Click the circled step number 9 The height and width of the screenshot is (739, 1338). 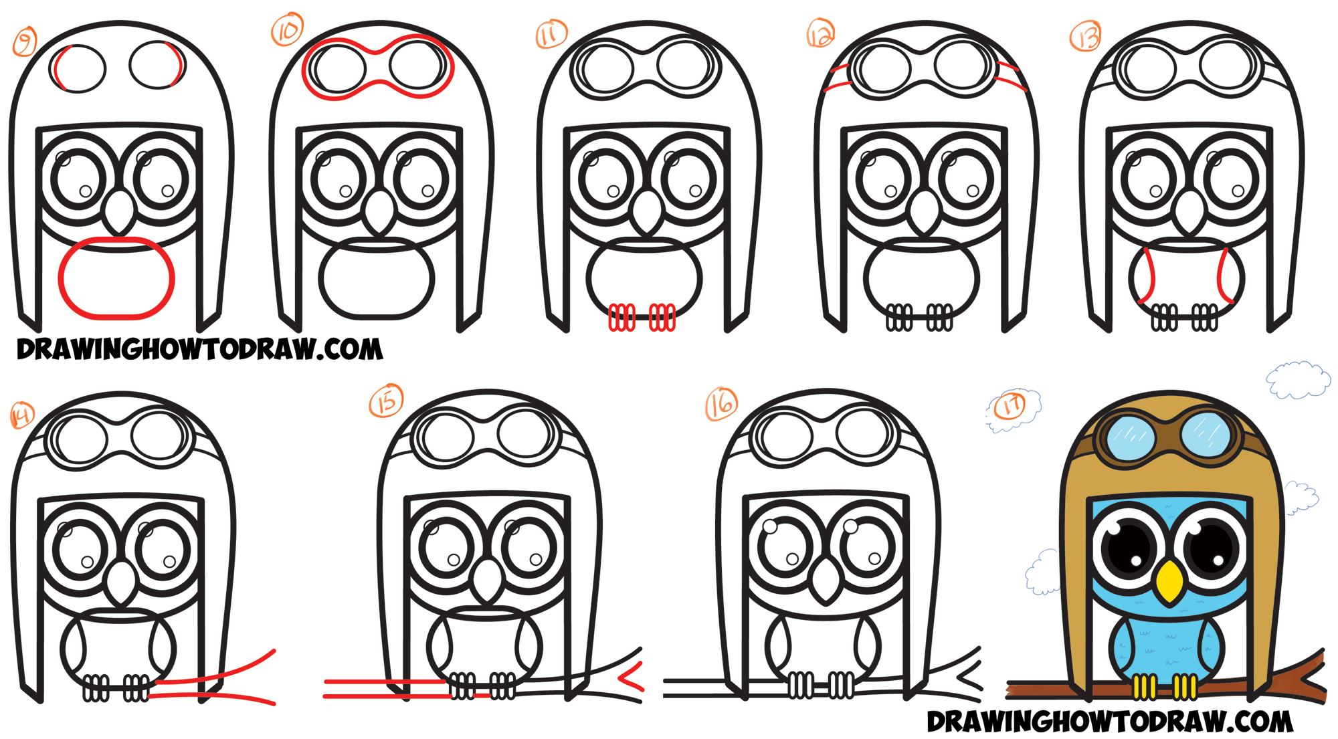(x=25, y=43)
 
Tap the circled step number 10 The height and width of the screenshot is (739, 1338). (x=287, y=31)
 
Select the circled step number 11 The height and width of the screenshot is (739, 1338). (x=551, y=34)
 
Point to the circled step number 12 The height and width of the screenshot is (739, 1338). (x=821, y=33)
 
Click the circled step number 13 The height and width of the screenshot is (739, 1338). (x=1085, y=36)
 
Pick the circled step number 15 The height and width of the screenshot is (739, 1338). (x=387, y=401)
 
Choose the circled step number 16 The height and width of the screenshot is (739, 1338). (x=722, y=404)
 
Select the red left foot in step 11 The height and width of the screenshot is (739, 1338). (x=622, y=317)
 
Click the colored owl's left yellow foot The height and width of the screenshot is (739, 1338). (x=1145, y=687)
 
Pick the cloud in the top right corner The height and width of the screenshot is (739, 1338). (x=1298, y=380)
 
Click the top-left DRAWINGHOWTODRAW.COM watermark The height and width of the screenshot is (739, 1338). (x=200, y=349)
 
